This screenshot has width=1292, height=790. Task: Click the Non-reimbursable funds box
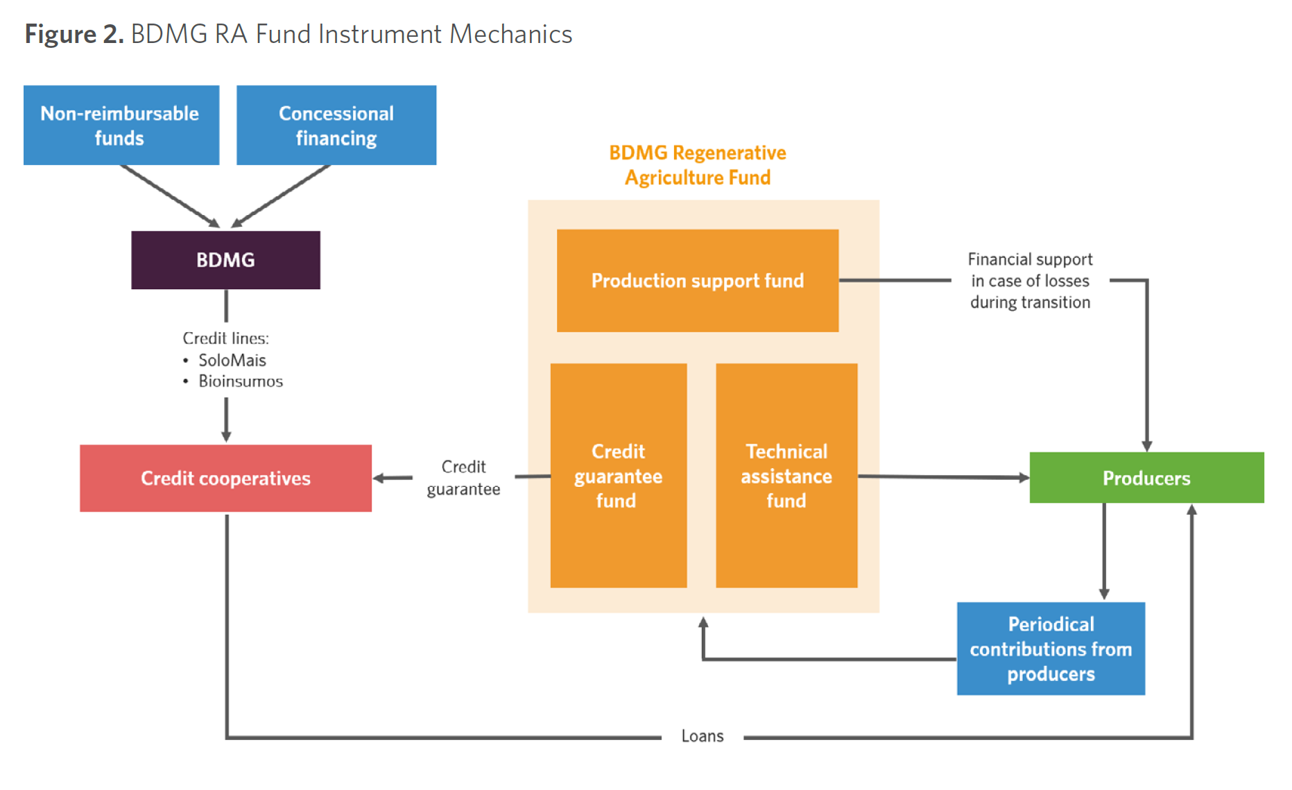[121, 126]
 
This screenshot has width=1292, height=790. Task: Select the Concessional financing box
[336, 126]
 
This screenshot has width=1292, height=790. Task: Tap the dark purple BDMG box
[225, 260]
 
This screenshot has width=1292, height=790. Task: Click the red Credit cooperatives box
[225, 479]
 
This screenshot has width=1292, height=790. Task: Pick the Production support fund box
[697, 281]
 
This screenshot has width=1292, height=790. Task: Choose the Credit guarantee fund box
[618, 476]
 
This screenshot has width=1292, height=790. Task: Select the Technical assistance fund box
[786, 476]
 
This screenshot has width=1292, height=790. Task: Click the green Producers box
[1146, 478]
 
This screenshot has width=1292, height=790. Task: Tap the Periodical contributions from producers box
[1051, 649]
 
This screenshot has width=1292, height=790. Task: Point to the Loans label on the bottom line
[702, 736]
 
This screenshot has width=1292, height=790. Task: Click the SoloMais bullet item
[232, 361]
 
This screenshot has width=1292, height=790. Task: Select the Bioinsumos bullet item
[240, 381]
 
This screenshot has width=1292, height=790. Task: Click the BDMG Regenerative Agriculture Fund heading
[697, 165]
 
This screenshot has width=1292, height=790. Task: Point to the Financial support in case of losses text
[1030, 281]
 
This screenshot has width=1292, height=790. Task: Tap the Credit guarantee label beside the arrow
[463, 478]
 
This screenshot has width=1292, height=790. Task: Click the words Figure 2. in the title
[74, 34]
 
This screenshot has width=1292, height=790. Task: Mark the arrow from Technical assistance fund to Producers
[943, 477]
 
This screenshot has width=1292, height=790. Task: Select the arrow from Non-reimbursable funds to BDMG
[170, 196]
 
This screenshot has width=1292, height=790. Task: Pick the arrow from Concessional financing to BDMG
[281, 196]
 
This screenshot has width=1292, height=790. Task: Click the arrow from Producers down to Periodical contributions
[1104, 551]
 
